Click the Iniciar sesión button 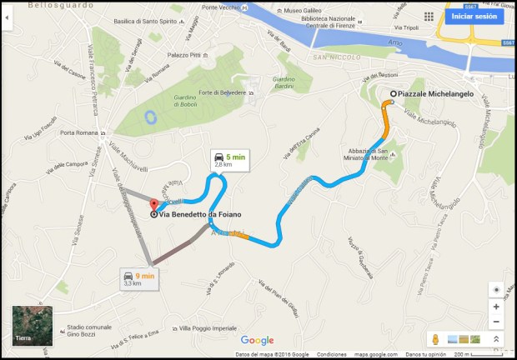pos(474,16)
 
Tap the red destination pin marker pos(153,205)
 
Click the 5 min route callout pos(229,160)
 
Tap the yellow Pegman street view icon pos(434,339)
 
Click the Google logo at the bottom pos(257,340)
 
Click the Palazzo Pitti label pos(184,55)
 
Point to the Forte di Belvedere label pos(222,92)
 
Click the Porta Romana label pos(80,132)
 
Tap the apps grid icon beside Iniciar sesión pos(429,16)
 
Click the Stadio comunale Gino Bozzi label pos(88,331)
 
